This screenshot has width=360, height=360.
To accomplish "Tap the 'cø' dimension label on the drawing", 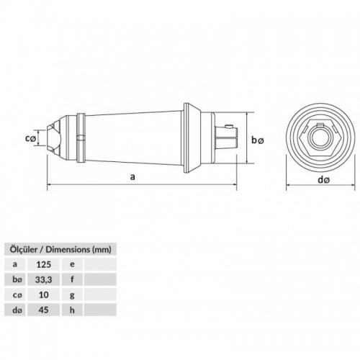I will coord(30,138).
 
